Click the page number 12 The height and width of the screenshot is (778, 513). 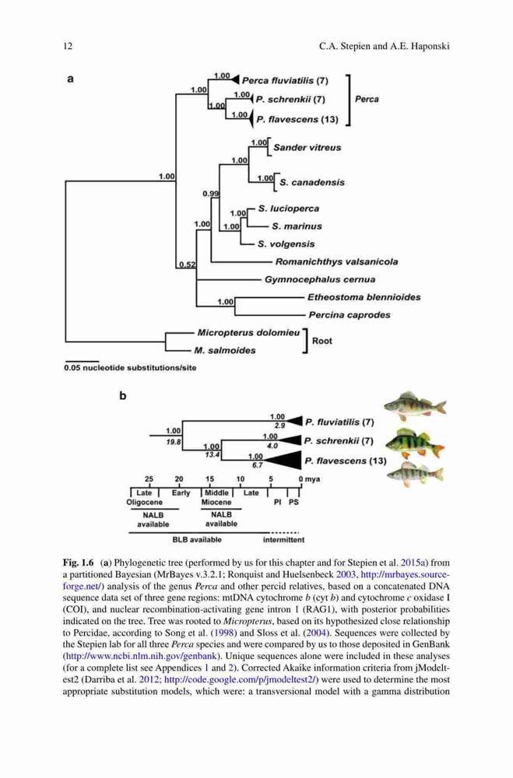tap(68, 47)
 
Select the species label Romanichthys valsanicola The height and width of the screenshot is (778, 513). tap(336, 261)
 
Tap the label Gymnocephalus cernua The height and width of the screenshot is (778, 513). tap(320, 279)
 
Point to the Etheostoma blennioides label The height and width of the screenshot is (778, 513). tap(364, 297)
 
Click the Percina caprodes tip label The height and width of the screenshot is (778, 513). tap(349, 314)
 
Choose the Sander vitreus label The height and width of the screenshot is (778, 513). tap(307, 147)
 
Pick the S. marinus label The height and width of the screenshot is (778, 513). tap(297, 226)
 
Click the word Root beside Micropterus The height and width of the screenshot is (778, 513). tap(322, 341)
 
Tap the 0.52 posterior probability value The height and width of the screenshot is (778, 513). tap(188, 265)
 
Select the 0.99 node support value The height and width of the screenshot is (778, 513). tap(210, 194)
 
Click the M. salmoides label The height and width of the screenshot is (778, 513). tap(224, 350)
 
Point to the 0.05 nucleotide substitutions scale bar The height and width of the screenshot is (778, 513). tap(82, 361)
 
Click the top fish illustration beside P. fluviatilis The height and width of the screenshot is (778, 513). tap(415, 406)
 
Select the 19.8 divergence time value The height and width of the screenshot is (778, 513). tap(174, 441)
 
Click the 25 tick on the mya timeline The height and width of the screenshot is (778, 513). tap(149, 479)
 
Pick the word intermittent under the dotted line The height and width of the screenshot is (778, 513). tap(283, 539)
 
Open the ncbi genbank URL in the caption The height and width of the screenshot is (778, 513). tap(142, 656)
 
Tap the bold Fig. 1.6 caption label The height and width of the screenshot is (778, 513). tap(78, 562)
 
